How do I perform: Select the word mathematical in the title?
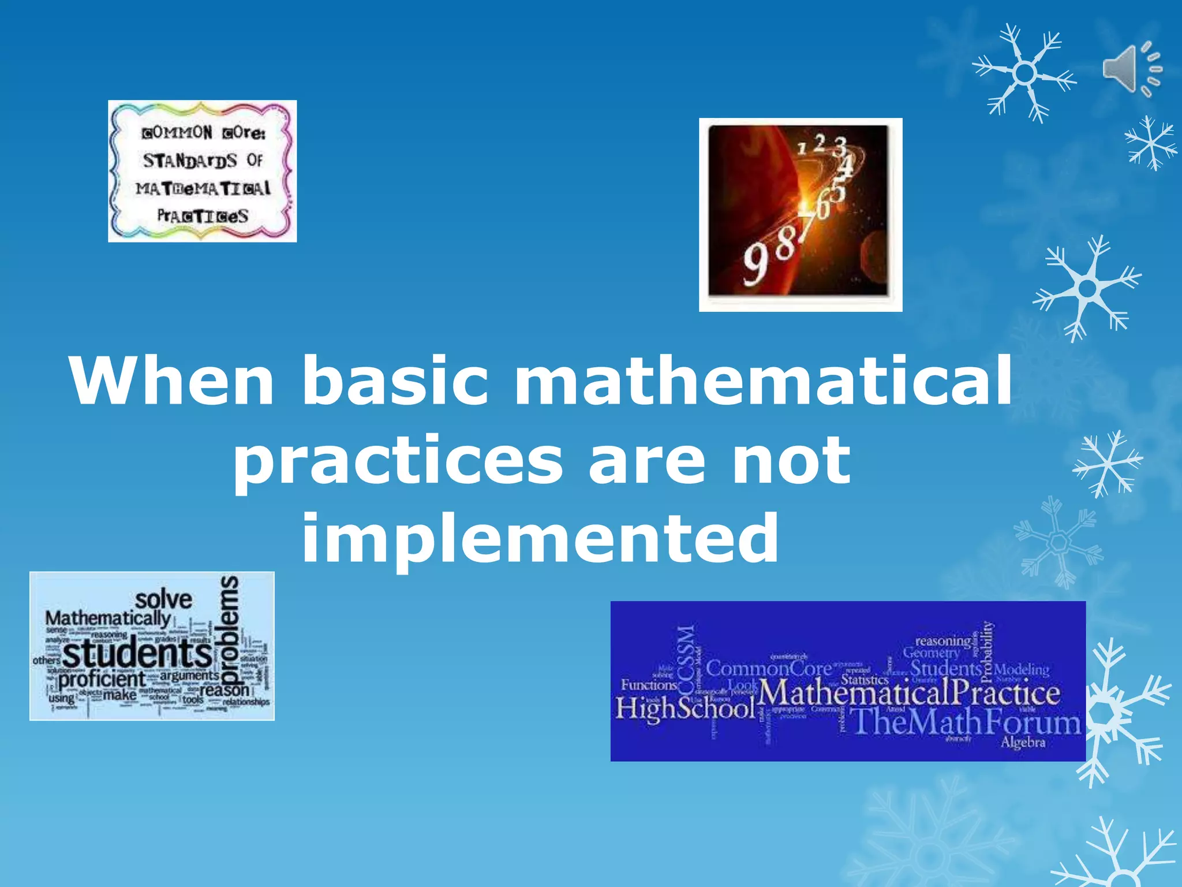click(x=762, y=381)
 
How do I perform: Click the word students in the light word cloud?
click(x=137, y=654)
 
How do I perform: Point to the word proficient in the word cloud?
click(x=102, y=680)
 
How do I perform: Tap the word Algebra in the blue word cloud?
click(x=1023, y=742)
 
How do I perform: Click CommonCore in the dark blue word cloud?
click(x=769, y=669)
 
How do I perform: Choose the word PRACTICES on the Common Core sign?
click(x=203, y=217)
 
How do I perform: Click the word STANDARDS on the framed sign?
click(x=190, y=160)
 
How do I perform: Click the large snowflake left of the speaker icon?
click(x=1024, y=73)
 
